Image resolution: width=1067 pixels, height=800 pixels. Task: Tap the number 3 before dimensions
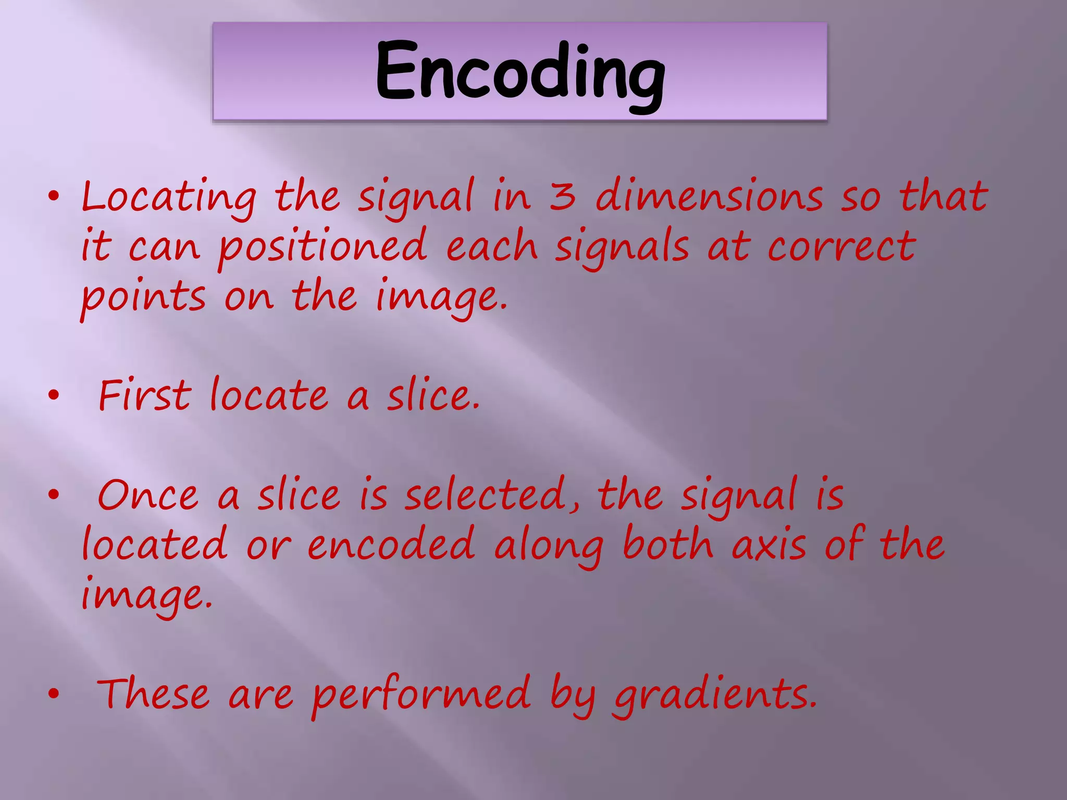563,196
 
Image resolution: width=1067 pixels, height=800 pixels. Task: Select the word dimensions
709,196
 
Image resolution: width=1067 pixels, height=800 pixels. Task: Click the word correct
841,246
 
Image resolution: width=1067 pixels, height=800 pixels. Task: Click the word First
145,396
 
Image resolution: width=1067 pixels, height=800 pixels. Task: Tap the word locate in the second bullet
269,396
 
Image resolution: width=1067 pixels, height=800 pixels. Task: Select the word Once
148,495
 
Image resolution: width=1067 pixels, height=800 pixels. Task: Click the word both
668,544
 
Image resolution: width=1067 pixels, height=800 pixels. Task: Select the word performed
421,695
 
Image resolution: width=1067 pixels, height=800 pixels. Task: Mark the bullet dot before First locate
53,396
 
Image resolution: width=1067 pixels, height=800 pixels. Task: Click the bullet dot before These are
53,694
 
